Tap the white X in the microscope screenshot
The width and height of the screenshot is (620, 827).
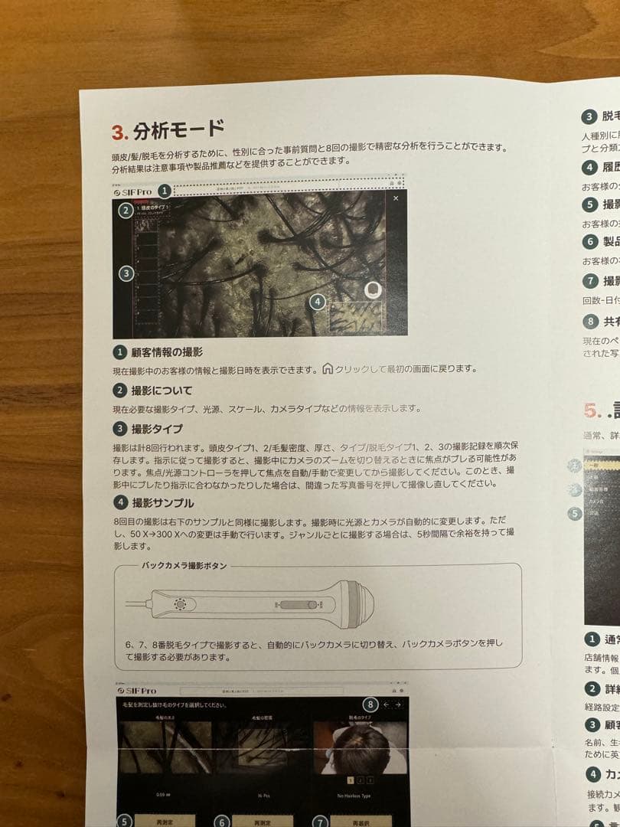pyautogui.click(x=396, y=198)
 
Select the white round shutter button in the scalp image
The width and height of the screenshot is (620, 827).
pyautogui.click(x=373, y=290)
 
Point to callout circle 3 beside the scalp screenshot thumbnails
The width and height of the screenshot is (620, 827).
pyautogui.click(x=126, y=273)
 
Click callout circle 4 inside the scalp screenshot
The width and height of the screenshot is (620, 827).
pyautogui.click(x=318, y=302)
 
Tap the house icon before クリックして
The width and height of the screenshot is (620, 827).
pyautogui.click(x=328, y=368)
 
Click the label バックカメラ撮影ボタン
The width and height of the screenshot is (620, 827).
pyautogui.click(x=184, y=566)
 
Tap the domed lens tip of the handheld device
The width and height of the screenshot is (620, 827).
pyautogui.click(x=361, y=601)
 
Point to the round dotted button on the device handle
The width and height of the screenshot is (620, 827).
pyautogui.click(x=181, y=604)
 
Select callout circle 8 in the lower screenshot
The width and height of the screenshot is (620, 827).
pyautogui.click(x=370, y=704)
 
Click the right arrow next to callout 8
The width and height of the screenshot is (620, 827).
pyautogui.click(x=397, y=704)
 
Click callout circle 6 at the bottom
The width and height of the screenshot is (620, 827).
pyautogui.click(x=222, y=822)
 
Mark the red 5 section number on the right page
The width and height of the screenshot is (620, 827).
pyautogui.click(x=589, y=410)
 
